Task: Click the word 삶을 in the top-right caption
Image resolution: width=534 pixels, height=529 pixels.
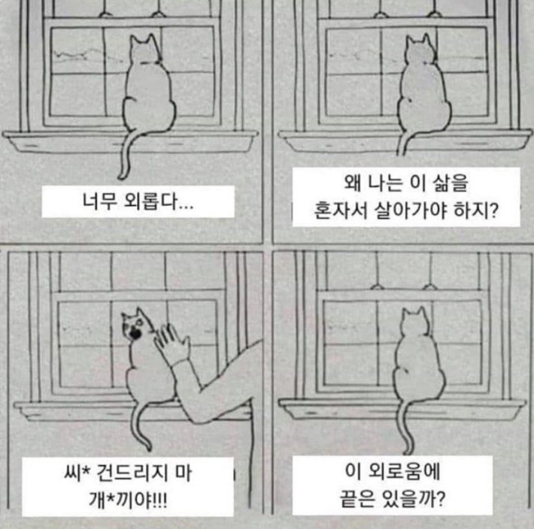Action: pyautogui.click(x=451, y=183)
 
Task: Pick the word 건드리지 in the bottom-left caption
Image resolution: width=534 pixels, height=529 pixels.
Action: pyautogui.click(x=132, y=473)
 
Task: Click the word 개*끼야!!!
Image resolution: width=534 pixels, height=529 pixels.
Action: pyautogui.click(x=128, y=500)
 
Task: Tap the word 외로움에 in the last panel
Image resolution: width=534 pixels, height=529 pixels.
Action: pyautogui.click(x=405, y=471)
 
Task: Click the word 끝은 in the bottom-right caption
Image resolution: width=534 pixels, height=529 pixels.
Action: pyautogui.click(x=357, y=499)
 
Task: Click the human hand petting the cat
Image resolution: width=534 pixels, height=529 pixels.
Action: pyautogui.click(x=172, y=343)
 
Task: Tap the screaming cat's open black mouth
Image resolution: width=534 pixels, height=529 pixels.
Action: pyautogui.click(x=136, y=334)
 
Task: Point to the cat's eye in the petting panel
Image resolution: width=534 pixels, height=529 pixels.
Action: pyautogui.click(x=138, y=321)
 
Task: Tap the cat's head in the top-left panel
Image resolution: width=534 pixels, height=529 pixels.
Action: pyautogui.click(x=145, y=49)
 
